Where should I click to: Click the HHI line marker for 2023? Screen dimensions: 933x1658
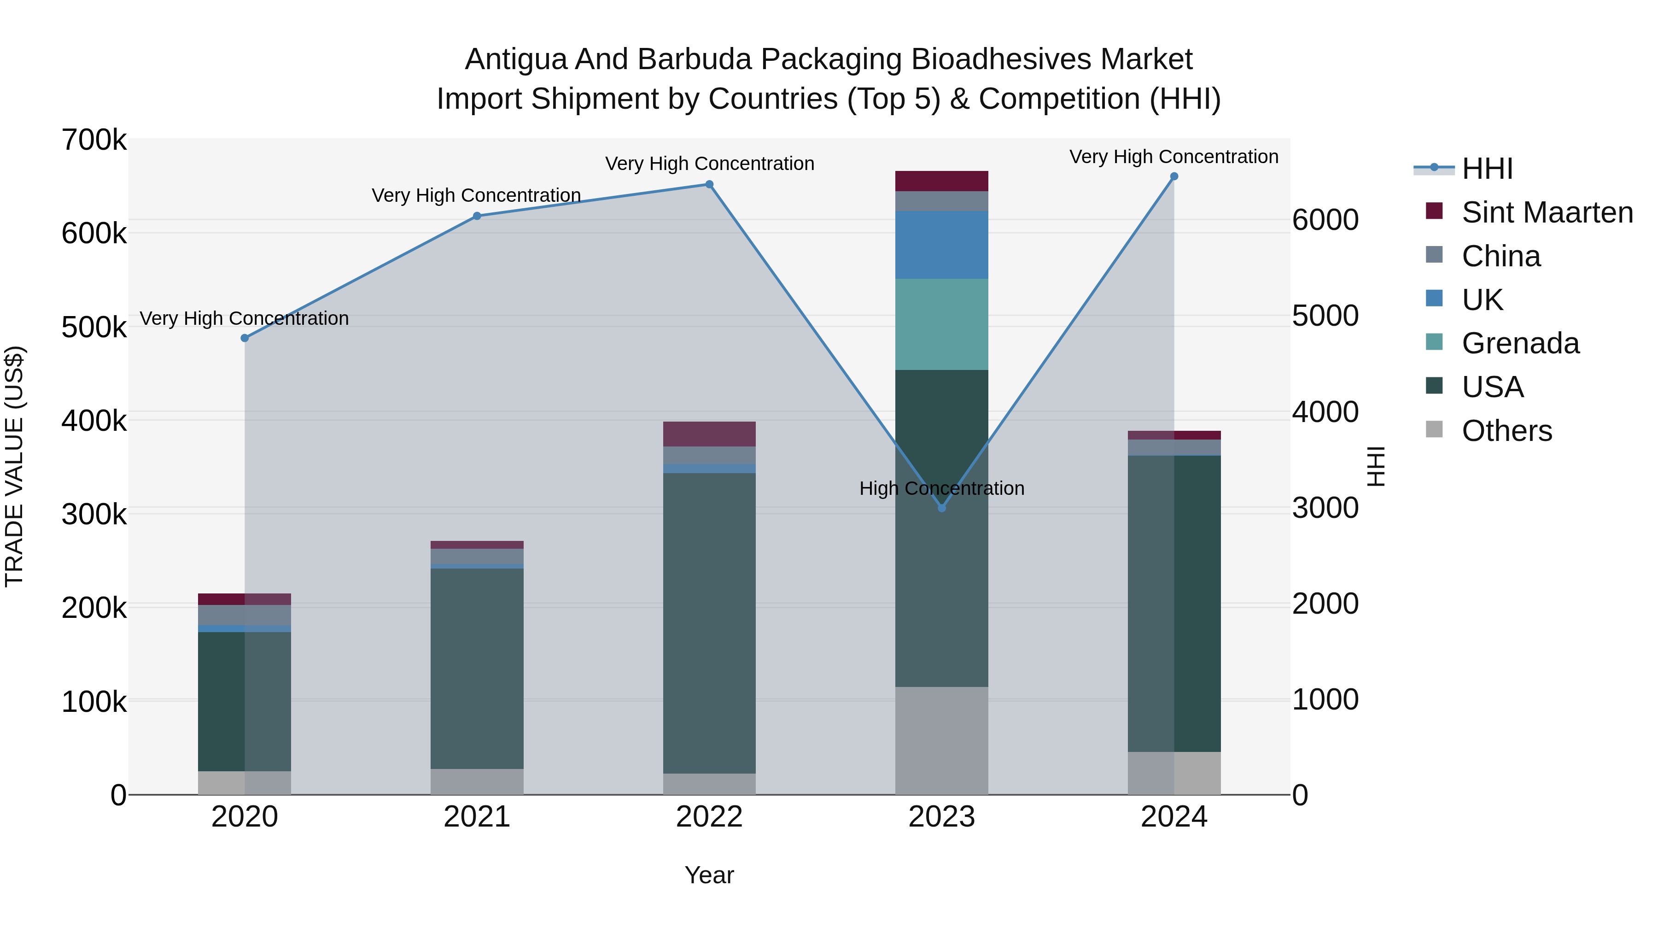coord(942,508)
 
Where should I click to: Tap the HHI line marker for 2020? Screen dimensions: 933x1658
coord(245,338)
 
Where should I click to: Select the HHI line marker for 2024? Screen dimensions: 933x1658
coord(1174,176)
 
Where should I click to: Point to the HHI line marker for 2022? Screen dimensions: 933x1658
coord(709,184)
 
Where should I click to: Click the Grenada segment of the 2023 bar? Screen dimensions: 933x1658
coord(942,324)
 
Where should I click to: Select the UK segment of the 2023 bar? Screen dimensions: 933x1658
coord(942,245)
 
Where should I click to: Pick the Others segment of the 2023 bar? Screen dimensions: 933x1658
coord(942,740)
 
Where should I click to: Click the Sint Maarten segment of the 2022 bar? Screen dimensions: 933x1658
coord(709,434)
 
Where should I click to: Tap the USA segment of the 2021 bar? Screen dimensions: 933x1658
coord(477,669)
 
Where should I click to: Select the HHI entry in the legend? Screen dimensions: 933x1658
coord(1487,169)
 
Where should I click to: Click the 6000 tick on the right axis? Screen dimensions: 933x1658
coord(1325,220)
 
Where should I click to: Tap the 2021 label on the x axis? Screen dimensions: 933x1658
coord(477,817)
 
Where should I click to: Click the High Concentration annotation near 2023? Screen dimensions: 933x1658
coord(942,489)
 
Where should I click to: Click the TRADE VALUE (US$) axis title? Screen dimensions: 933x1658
coord(14,466)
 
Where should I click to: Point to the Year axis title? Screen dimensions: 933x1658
coord(709,875)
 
